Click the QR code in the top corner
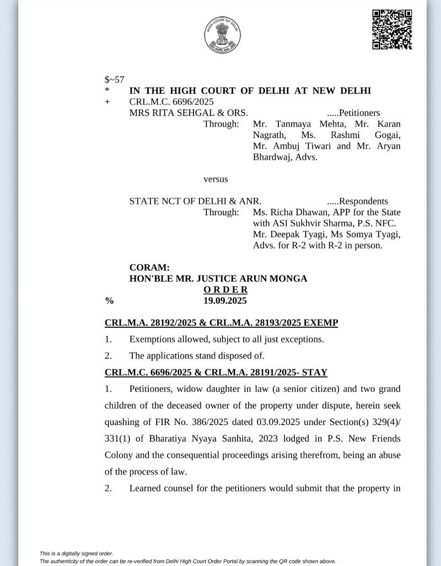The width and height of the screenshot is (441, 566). click(392, 30)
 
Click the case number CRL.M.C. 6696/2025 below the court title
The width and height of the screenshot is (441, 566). click(171, 102)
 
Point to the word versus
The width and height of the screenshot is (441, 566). click(216, 179)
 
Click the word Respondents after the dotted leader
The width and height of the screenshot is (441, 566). click(363, 201)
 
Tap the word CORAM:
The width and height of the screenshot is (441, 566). click(150, 268)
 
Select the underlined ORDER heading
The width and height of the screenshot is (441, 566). click(225, 290)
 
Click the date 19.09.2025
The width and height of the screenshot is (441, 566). click(225, 301)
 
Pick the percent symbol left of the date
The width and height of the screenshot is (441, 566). click(109, 301)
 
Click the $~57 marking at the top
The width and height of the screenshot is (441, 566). click(114, 79)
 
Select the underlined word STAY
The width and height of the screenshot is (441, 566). click(313, 373)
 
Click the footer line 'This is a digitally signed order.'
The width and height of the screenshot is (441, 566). click(76, 553)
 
